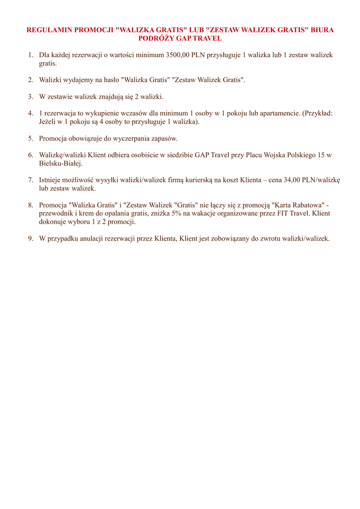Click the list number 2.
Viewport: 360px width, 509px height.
tap(30, 80)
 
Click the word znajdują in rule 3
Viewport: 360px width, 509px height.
tap(105, 96)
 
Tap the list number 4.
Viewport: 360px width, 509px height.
tap(30, 113)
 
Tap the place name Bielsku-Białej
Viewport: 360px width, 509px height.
tap(61, 164)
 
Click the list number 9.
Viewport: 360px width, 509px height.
tap(30, 238)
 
